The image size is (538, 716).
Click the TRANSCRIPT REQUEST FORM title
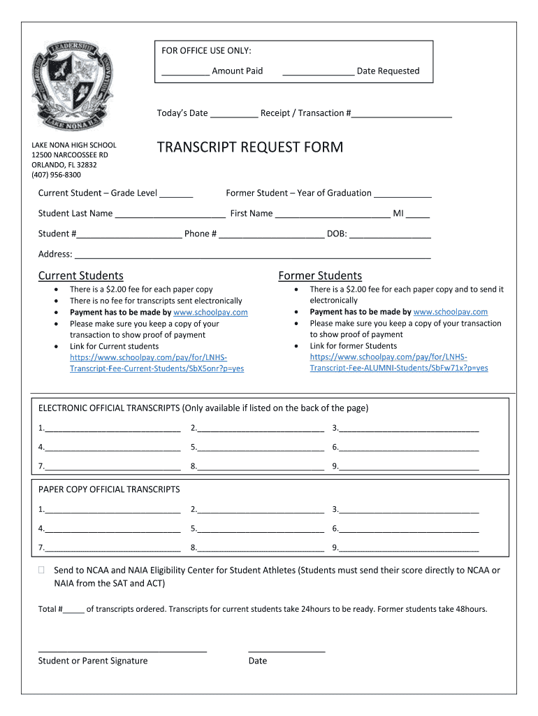[250, 148]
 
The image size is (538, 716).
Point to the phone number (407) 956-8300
[56, 175]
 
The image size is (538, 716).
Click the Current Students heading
[80, 275]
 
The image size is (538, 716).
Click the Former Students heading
[320, 275]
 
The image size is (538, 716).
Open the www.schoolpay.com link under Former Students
[451, 312]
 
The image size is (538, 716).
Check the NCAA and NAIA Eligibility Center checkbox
[43, 571]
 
